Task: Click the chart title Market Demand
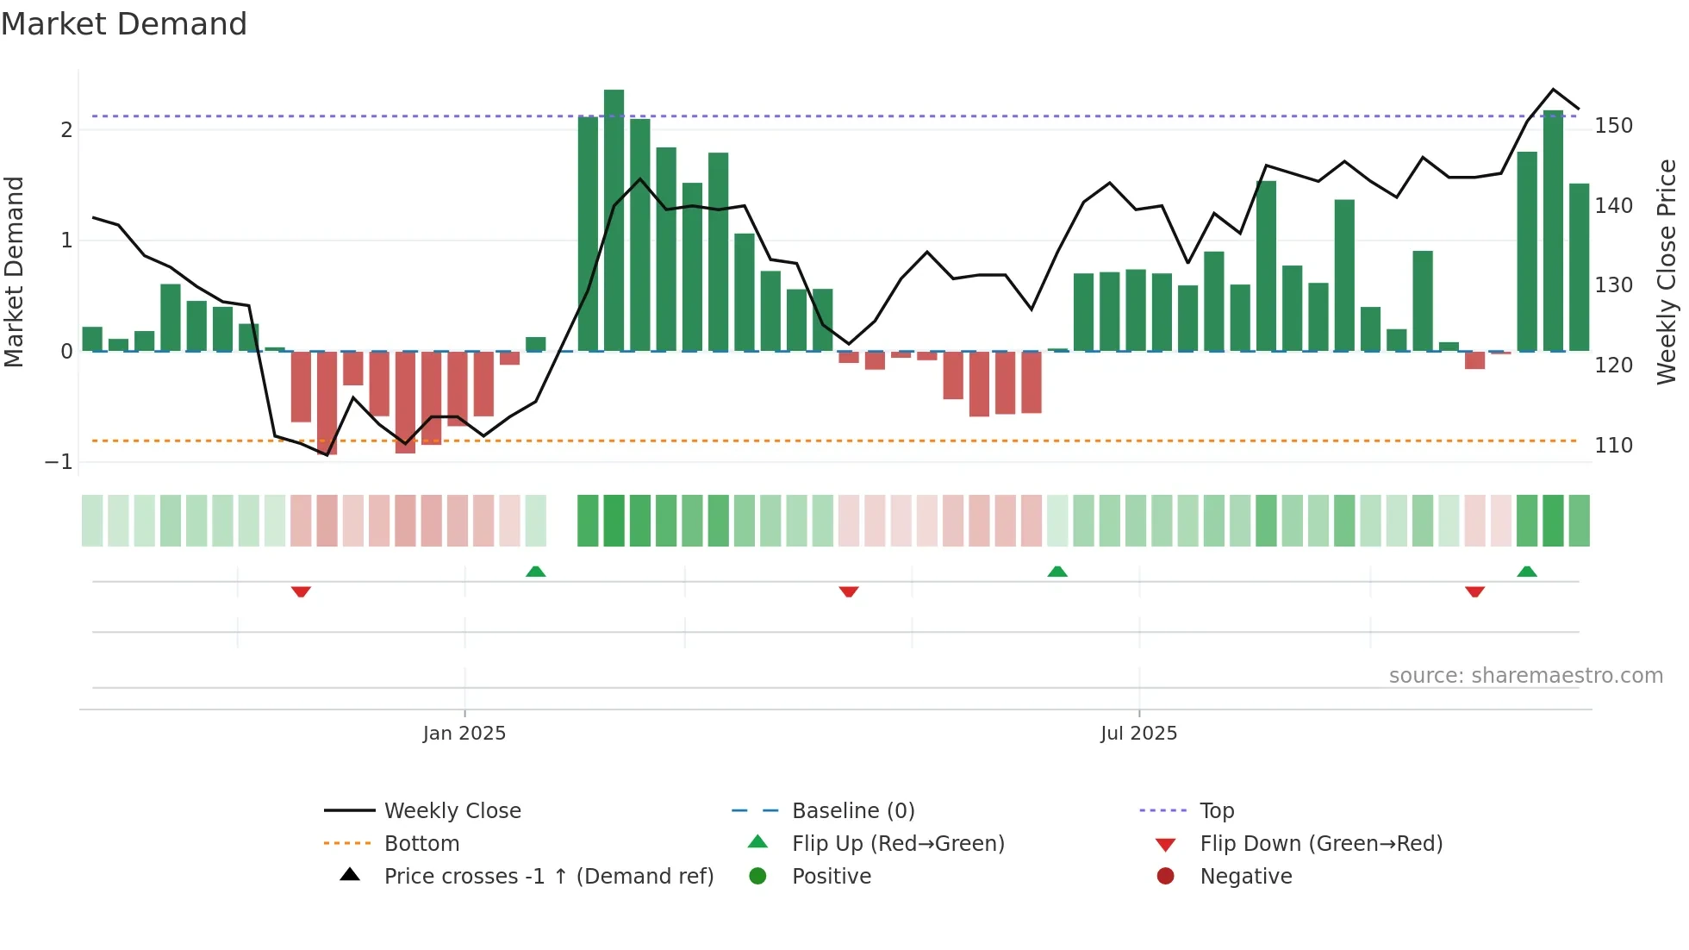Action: point(124,24)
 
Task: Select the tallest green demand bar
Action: point(614,220)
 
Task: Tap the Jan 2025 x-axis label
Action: point(464,734)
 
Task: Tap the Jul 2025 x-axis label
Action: point(1138,734)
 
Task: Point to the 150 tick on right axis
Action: point(1613,126)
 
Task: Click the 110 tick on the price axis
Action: point(1613,446)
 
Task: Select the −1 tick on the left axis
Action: point(59,462)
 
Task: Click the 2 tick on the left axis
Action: point(66,130)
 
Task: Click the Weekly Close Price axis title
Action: point(1667,272)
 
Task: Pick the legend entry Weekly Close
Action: point(452,811)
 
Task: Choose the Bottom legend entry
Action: point(421,844)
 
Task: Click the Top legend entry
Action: point(1217,811)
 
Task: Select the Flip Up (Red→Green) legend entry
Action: point(898,844)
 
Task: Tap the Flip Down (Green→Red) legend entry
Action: point(1320,844)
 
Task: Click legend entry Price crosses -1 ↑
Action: point(548,877)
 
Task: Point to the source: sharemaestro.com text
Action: point(1525,676)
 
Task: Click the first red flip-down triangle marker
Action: point(301,591)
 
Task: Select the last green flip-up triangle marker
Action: point(1527,572)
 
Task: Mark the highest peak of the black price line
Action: point(1554,90)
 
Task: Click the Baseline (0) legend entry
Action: point(852,811)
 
